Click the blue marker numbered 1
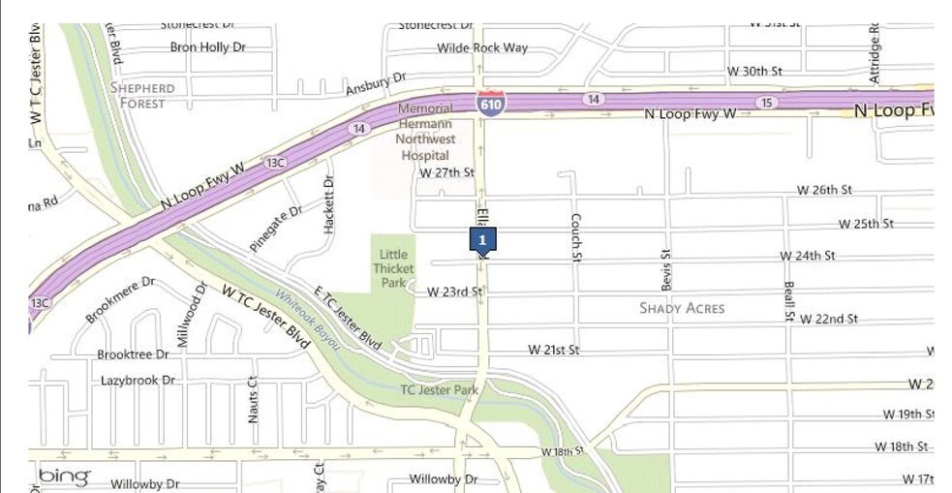point(482,239)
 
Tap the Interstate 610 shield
point(491,103)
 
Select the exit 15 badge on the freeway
point(767,102)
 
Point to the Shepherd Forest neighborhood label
point(143,95)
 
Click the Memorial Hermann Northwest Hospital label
point(425,132)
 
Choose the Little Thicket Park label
point(392,268)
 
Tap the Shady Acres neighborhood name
point(683,308)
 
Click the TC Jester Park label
point(440,390)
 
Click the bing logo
point(64,476)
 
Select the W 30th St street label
point(754,72)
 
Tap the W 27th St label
point(446,172)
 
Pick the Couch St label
point(575,237)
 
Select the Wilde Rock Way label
point(482,47)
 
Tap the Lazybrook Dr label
point(138,381)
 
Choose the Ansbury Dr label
point(375,82)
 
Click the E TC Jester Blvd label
point(348,319)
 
